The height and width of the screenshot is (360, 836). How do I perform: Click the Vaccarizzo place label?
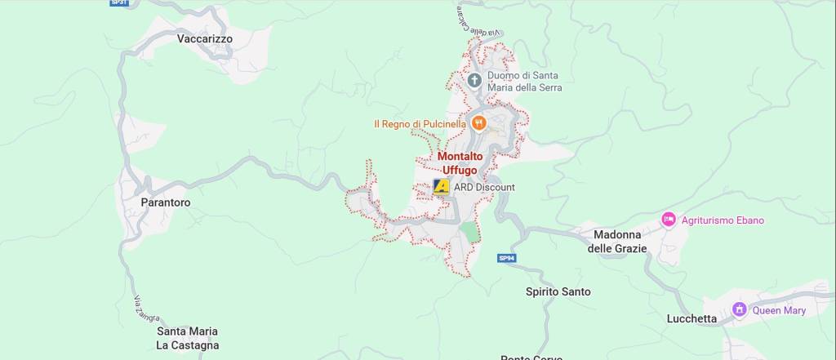[x=205, y=38]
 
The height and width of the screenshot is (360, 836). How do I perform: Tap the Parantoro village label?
[x=165, y=202]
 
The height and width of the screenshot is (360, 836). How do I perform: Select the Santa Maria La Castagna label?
[x=188, y=338]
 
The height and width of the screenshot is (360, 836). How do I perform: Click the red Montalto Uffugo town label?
[x=460, y=162]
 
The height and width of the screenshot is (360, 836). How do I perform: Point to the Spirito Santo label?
[x=558, y=291]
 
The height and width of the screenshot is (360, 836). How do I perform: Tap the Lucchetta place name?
[x=691, y=318]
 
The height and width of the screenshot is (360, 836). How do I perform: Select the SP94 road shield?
[x=507, y=259]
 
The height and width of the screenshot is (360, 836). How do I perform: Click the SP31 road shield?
[x=119, y=3]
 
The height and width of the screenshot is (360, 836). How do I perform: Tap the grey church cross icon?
[x=475, y=80]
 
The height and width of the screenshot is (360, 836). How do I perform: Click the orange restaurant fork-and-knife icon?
[x=478, y=123]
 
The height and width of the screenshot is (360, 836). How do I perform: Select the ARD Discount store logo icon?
[x=442, y=187]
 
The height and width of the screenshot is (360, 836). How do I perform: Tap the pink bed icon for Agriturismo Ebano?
[x=669, y=220]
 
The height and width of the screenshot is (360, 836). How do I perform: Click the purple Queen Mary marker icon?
[x=740, y=310]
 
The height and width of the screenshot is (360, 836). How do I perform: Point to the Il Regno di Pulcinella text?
[x=420, y=124]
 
